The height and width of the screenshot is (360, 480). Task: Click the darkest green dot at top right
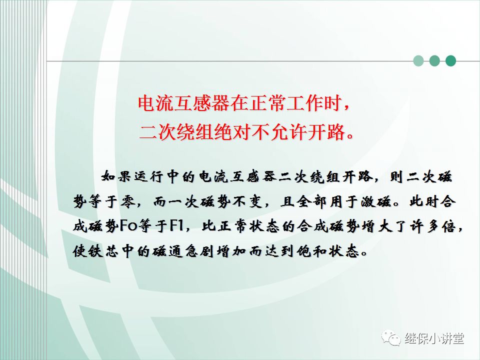coord(450,61)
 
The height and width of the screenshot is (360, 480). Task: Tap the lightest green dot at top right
coord(418,61)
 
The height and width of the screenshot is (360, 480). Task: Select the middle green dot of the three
coord(434,61)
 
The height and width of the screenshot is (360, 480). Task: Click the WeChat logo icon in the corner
coord(391,338)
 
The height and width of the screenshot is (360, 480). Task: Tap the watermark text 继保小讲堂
coord(434,338)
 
